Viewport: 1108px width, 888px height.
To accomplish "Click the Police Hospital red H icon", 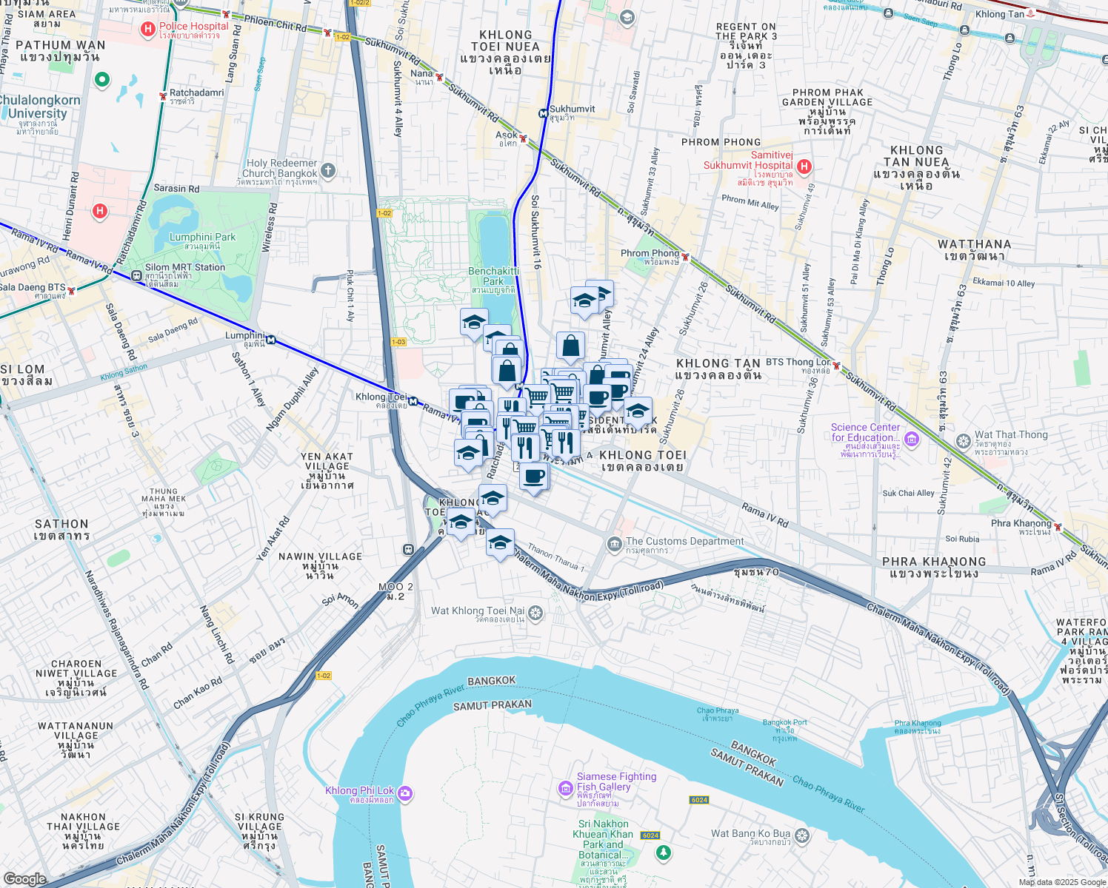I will click(x=147, y=30).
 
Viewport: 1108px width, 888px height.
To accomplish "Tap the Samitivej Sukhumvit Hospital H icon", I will click(x=804, y=166).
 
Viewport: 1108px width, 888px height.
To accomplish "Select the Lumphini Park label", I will click(x=202, y=238).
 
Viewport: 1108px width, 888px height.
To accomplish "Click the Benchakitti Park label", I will click(x=493, y=276).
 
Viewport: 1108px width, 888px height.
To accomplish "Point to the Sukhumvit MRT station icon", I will click(x=544, y=113).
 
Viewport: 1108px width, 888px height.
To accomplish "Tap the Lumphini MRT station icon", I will click(x=272, y=340).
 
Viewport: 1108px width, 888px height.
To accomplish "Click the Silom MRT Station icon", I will click(x=136, y=275).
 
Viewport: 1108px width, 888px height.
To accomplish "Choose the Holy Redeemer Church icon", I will click(x=328, y=171).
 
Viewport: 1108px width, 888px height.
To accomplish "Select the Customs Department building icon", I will click(x=614, y=545).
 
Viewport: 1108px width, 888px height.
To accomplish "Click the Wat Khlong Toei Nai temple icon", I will click(x=535, y=613).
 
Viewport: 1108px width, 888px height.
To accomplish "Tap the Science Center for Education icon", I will click(x=912, y=440).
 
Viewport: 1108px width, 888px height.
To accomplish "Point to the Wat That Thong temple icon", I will click(x=963, y=442).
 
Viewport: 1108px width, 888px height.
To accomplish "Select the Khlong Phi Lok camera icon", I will click(x=404, y=794).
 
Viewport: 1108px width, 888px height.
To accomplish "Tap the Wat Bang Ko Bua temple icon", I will click(x=801, y=836).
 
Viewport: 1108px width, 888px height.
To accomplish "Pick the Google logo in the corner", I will click(x=24, y=878).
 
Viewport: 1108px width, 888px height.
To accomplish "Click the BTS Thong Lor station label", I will click(x=798, y=362).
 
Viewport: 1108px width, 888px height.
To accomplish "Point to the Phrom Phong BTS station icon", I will click(x=686, y=258).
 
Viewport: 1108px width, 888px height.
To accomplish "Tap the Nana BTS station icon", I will click(x=439, y=77).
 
